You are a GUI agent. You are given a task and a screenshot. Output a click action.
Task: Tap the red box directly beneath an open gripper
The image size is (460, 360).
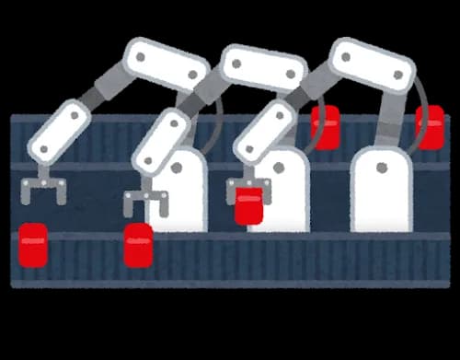click(138, 245)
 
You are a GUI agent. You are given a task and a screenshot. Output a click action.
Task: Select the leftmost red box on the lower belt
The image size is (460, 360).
click(33, 245)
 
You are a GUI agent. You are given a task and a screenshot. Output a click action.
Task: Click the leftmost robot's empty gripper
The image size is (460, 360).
click(43, 190)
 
